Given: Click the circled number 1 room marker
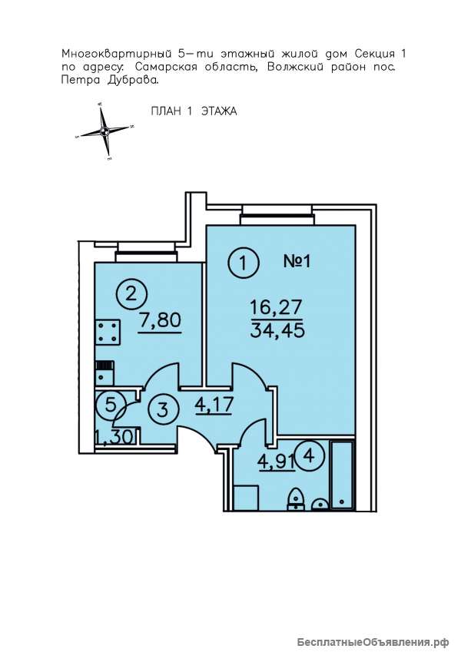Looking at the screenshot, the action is (244, 263).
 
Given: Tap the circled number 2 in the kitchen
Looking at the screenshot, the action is (131, 294).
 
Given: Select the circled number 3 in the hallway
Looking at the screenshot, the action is (163, 409).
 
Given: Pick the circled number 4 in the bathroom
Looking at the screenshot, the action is (308, 457).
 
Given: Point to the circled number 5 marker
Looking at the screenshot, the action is (111, 404).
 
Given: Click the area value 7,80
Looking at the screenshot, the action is (161, 322).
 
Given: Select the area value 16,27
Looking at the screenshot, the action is (275, 309).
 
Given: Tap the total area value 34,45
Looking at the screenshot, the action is (277, 331).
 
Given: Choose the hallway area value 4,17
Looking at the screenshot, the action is (213, 405).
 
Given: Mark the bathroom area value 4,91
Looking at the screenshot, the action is (277, 461).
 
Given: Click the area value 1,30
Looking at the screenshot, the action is (114, 437).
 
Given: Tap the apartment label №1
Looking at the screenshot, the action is (297, 262).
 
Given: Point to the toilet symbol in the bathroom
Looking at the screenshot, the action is (296, 498).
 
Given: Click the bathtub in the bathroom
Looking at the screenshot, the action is (343, 475).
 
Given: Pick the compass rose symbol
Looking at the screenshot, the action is (104, 131).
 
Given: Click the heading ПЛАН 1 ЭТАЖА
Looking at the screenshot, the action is (194, 111).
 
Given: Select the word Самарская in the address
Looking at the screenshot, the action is (167, 68).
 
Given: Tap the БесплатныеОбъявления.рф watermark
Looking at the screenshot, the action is (373, 642).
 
